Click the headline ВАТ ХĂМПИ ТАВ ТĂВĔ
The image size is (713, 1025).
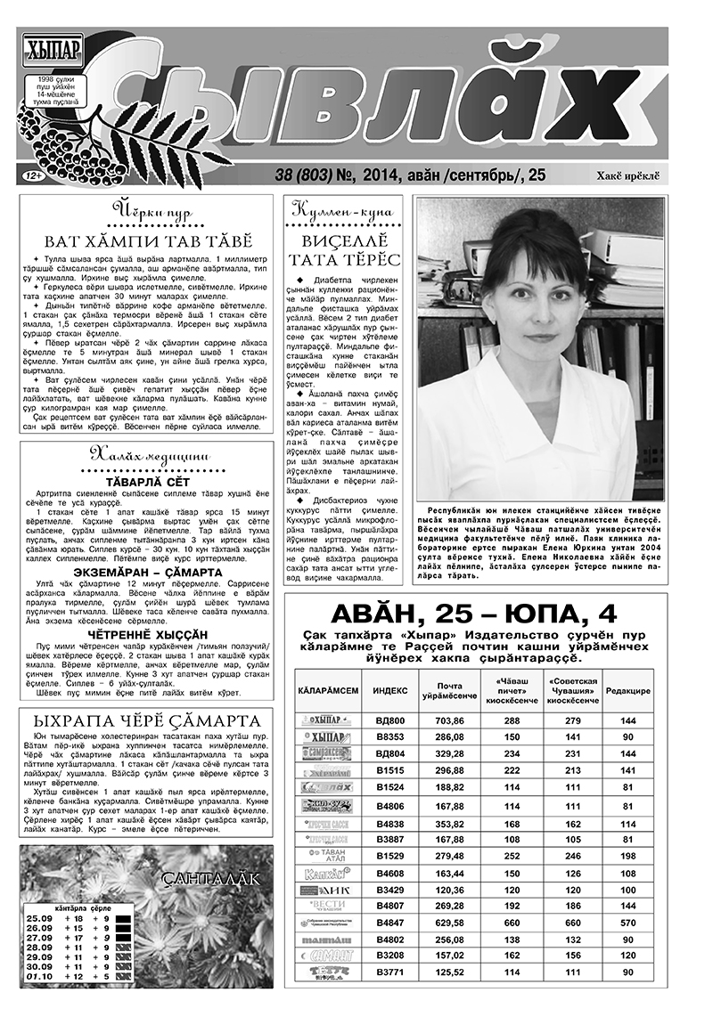(148, 240)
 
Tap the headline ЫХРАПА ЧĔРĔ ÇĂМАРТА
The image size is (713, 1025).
(145, 720)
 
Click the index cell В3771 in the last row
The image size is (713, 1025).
(390, 972)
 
